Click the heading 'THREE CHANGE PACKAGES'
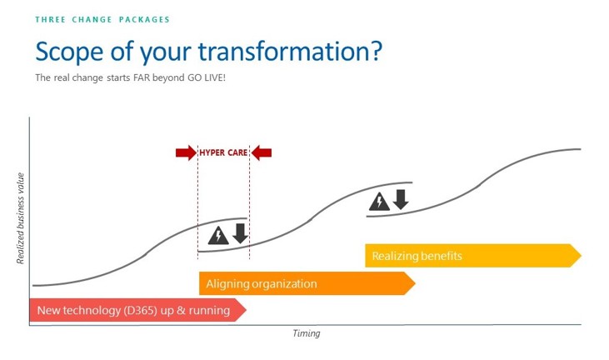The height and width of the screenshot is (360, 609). point(102,19)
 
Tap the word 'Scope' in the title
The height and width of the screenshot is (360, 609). point(69,52)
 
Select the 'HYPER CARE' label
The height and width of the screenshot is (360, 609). point(223,152)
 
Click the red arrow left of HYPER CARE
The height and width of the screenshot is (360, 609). point(186,152)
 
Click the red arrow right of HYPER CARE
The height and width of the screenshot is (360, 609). point(262,152)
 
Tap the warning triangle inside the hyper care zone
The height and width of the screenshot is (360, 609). point(218,235)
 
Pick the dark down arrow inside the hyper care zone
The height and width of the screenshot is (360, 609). point(241,233)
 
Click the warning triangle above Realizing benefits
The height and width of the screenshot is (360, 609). point(379,202)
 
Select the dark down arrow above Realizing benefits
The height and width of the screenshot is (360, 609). point(401,199)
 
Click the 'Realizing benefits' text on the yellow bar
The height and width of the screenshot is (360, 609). point(417,256)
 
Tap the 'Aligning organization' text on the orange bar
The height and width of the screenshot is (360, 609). point(262,284)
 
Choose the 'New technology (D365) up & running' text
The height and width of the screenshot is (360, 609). point(133,310)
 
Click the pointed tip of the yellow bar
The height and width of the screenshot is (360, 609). point(581,256)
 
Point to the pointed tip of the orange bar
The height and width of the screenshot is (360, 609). point(415,283)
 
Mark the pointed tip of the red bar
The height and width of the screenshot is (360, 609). point(247,310)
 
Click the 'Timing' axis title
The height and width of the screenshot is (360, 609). point(307,333)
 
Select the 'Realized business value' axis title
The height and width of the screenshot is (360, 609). point(20,218)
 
